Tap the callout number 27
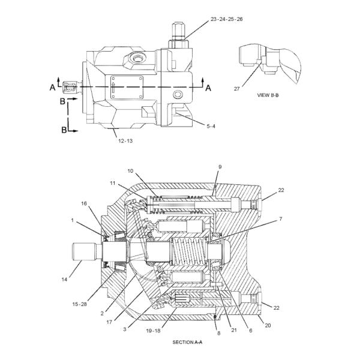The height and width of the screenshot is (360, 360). point(237,88)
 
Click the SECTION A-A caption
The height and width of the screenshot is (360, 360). point(188,342)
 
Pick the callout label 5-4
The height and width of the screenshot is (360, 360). point(209,126)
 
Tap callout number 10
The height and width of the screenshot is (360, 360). point(130,171)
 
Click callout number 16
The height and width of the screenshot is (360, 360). point(85,203)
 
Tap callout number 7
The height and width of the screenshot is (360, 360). point(280,220)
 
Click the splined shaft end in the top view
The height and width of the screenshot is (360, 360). point(69,88)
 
